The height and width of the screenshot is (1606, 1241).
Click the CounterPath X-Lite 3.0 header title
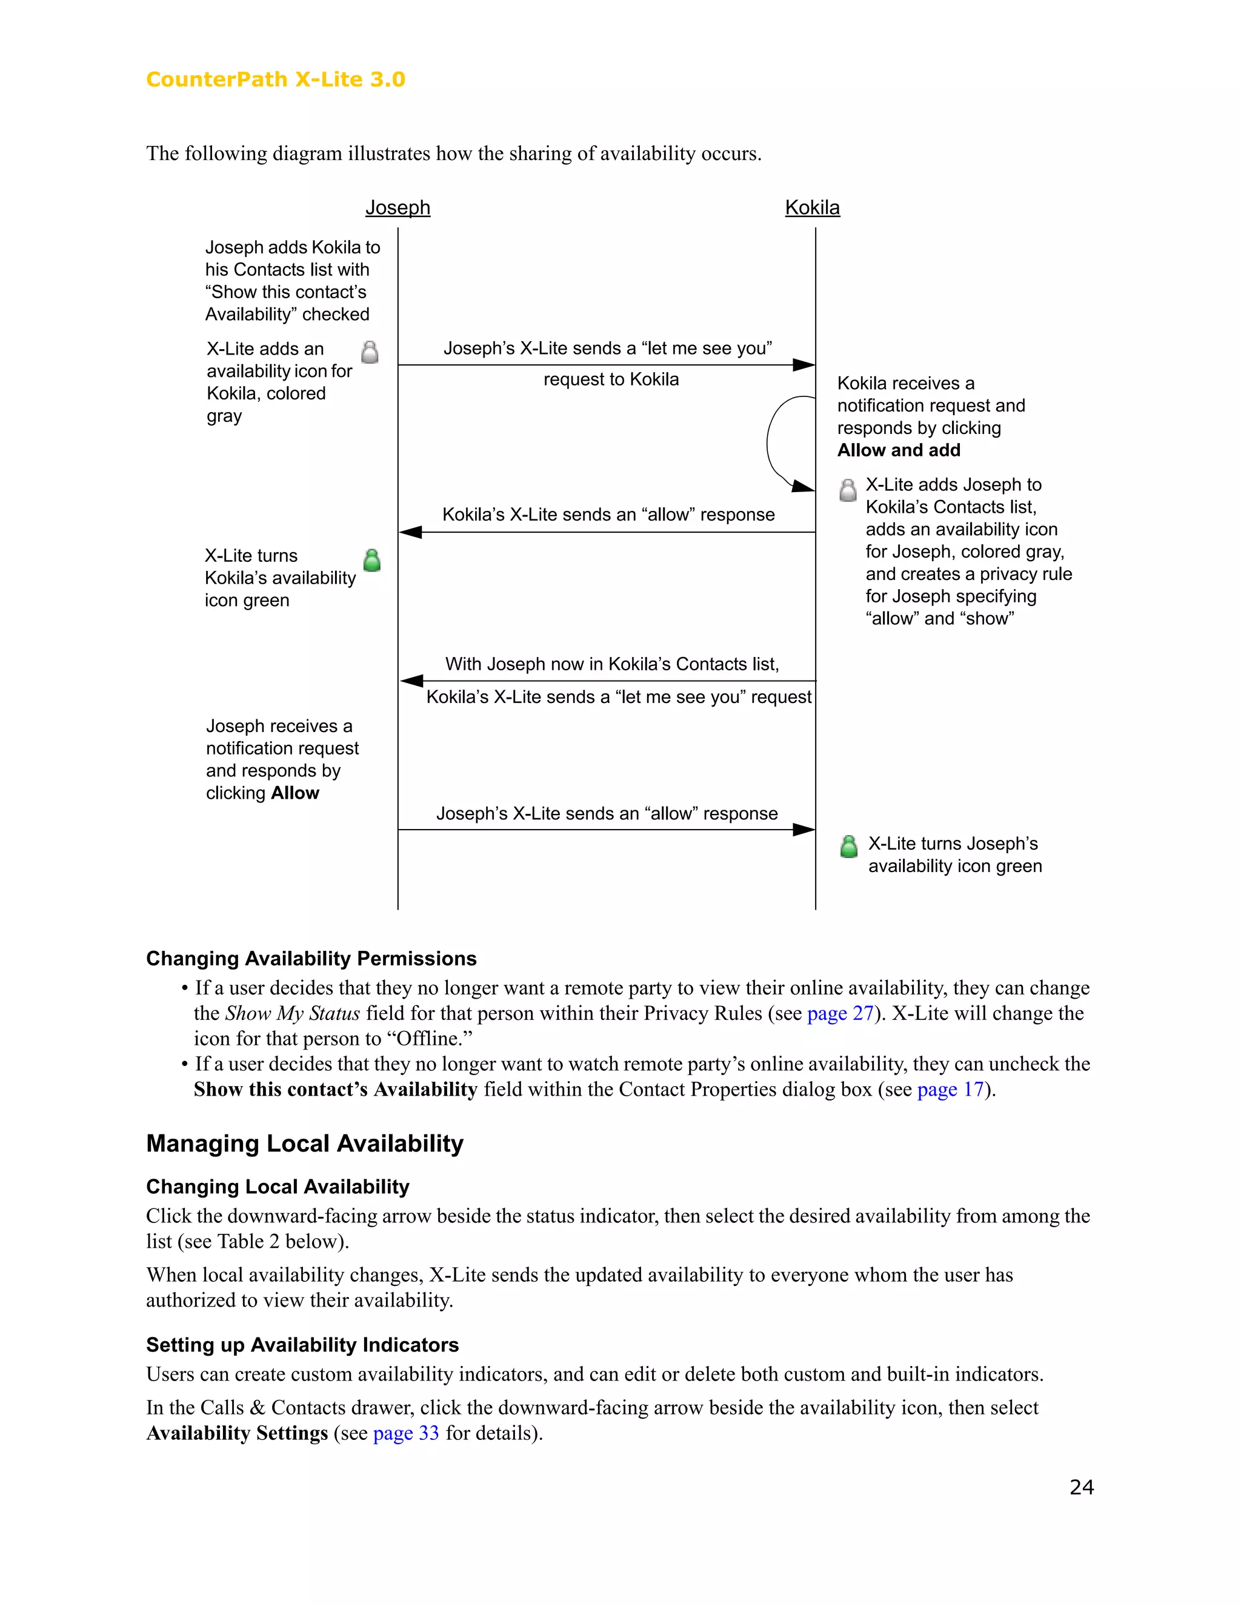coord(276,79)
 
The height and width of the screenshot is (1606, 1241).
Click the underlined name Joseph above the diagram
coord(398,207)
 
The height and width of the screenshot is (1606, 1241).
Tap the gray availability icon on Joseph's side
coord(370,352)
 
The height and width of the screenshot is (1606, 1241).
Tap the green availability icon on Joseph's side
coord(372,561)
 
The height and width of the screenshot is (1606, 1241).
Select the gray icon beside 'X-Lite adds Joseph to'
coord(848,490)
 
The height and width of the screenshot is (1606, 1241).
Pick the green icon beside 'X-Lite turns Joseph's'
coord(848,847)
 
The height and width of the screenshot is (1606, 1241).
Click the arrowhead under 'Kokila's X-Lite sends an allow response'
coord(410,532)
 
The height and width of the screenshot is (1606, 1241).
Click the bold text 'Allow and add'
coord(899,450)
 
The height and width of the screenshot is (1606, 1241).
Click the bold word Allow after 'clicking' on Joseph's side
coord(295,793)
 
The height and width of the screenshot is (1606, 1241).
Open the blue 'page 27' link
coord(840,1013)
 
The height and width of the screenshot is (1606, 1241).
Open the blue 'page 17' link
coord(950,1089)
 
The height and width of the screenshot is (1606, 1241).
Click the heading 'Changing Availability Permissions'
coord(311,958)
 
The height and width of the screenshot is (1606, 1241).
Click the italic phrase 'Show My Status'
coord(293,1013)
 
